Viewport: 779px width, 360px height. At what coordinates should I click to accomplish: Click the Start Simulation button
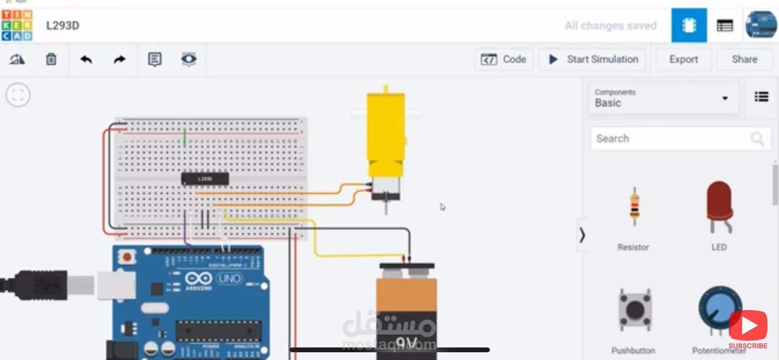[593, 59]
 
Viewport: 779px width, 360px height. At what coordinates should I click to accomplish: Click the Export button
[683, 59]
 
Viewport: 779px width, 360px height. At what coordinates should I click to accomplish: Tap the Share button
[744, 59]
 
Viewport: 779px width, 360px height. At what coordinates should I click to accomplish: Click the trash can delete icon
[51, 59]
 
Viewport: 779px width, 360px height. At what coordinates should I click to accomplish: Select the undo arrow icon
[86, 59]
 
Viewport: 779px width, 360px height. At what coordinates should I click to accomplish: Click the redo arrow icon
[119, 59]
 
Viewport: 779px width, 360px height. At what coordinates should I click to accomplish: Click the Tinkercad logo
[17, 25]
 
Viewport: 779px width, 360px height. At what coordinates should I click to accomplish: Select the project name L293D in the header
[63, 26]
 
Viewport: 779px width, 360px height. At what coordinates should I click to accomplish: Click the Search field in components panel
[672, 139]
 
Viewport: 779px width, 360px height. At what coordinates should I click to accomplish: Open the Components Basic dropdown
[663, 98]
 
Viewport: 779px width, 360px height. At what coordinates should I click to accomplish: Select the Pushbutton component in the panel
[634, 309]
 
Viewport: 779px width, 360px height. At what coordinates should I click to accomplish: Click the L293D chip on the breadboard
[205, 179]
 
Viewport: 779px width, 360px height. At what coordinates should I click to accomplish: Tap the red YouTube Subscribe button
[748, 326]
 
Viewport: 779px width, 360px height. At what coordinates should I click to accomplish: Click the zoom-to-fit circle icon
[18, 95]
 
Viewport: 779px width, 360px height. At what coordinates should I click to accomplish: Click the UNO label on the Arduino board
[229, 279]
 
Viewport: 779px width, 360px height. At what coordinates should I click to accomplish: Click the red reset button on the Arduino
[128, 256]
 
